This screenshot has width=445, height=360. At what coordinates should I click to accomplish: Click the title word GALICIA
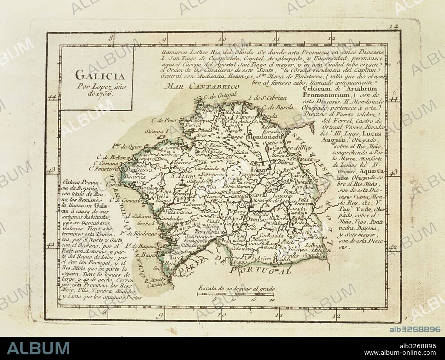click(100, 75)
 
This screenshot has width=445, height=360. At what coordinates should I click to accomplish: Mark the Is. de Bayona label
click(135, 246)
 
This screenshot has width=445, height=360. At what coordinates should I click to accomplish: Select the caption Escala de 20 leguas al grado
click(236, 288)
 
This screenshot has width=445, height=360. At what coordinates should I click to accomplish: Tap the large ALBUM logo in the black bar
click(38, 348)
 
